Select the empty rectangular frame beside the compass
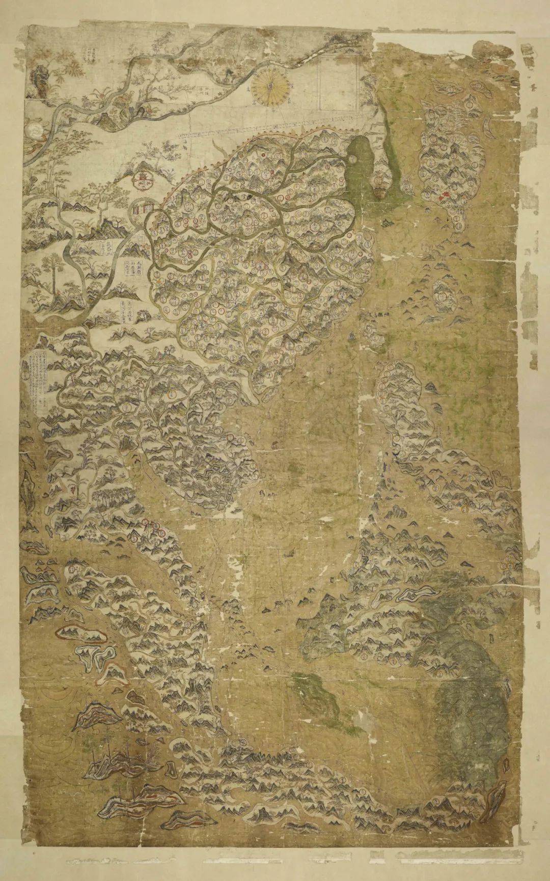point(336,81)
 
